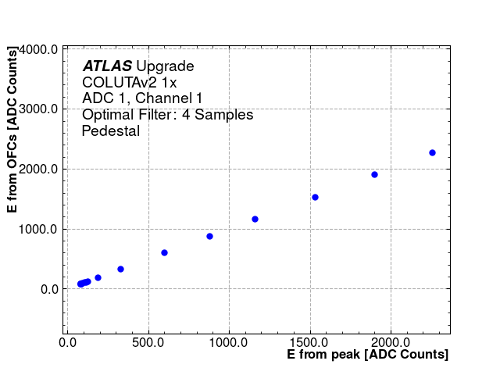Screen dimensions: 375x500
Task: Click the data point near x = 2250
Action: [x=432, y=152]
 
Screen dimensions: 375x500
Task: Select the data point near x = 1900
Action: [x=374, y=174]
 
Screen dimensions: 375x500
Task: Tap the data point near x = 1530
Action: [x=315, y=197]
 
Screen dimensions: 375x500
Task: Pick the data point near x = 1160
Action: [x=255, y=219]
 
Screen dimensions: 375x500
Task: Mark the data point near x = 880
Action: [x=209, y=236]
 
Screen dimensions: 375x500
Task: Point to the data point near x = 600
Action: [x=164, y=252]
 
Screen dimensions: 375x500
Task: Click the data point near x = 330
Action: [x=120, y=269]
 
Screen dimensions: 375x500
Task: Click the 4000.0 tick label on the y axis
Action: [x=38, y=49]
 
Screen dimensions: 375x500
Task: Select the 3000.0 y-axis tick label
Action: [x=38, y=109]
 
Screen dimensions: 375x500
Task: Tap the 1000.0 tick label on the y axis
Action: [x=38, y=229]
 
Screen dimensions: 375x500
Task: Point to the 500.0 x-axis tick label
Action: [x=148, y=341]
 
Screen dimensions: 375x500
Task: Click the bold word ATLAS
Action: [x=107, y=66]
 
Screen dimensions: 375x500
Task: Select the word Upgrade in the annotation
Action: [x=165, y=66]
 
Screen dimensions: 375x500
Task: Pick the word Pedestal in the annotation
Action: [x=111, y=131]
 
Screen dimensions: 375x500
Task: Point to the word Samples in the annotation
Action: [x=226, y=115]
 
